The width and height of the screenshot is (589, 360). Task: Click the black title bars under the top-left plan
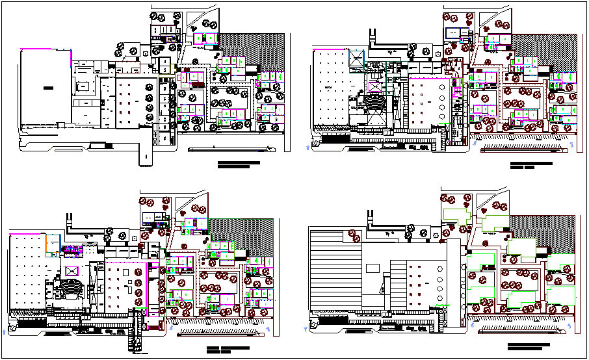(x=238, y=164)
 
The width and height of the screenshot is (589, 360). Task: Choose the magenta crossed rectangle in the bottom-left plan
(x=72, y=271)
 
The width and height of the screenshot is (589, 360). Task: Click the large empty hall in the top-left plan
(x=45, y=88)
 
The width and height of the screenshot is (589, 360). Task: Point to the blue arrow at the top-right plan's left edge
(x=307, y=148)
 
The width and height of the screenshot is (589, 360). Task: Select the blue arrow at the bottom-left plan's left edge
(x=7, y=331)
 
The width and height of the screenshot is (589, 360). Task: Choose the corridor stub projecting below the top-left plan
(x=145, y=156)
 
